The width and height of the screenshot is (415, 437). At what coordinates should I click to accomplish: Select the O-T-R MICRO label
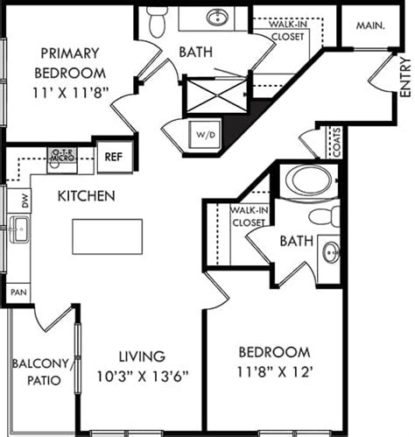pyautogui.click(x=63, y=156)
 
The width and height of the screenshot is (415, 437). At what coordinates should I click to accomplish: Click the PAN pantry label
pyautogui.click(x=16, y=290)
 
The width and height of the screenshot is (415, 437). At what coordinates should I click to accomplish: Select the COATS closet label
pyautogui.click(x=335, y=143)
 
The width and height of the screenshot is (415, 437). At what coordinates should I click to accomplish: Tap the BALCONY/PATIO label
pyautogui.click(x=41, y=373)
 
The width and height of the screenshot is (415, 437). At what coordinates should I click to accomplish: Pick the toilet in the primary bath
pyautogui.click(x=157, y=21)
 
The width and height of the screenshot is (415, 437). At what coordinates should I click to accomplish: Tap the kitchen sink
pyautogui.click(x=18, y=232)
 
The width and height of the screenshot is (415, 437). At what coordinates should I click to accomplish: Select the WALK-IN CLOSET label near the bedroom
pyautogui.click(x=249, y=216)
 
